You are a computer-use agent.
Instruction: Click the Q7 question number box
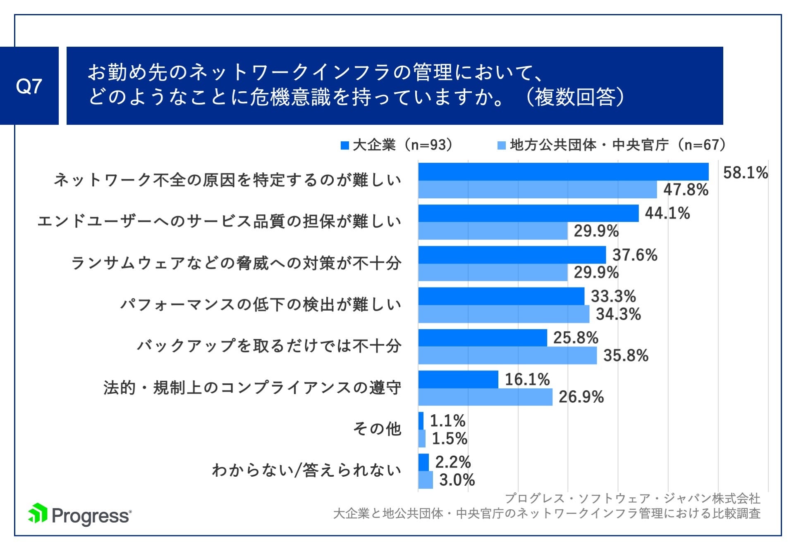pos(29,86)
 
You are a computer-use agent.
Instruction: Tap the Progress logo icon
pos(38,513)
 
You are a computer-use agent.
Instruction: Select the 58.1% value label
pos(745,172)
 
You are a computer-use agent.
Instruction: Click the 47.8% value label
pos(686,190)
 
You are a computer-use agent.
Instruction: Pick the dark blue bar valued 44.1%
pos(528,213)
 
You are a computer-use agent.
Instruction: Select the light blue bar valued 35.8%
pos(507,355)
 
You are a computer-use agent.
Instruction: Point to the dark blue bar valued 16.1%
pos(458,379)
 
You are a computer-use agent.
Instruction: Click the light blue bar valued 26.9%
pos(485,397)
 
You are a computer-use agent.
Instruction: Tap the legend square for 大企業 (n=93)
pos(345,145)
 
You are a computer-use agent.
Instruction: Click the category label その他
pos(377,429)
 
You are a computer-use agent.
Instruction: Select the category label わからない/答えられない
pos(306,470)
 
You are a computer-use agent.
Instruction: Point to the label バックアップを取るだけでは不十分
pos(269,346)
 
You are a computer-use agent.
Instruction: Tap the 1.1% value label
pos(447,421)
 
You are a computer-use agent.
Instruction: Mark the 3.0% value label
pos(457,480)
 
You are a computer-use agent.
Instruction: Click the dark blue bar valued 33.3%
pos(501,296)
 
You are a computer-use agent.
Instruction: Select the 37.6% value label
pos(634,255)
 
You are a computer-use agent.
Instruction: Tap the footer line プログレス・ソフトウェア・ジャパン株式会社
pos(632,498)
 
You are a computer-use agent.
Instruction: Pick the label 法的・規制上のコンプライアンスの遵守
pos(252,387)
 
